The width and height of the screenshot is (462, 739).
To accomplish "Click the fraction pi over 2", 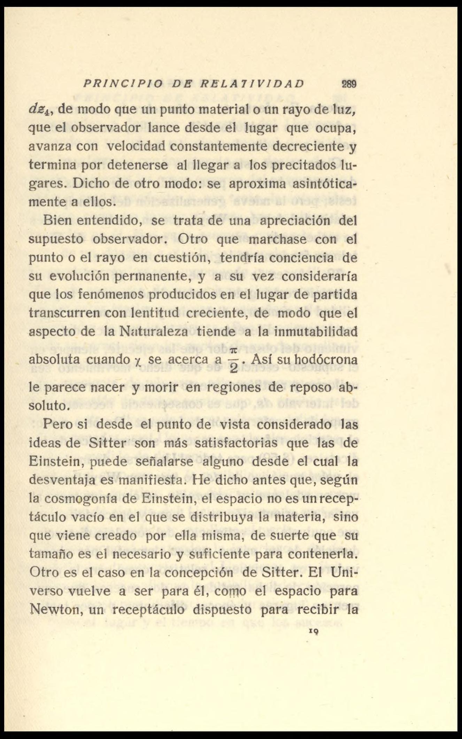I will (x=233, y=360).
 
